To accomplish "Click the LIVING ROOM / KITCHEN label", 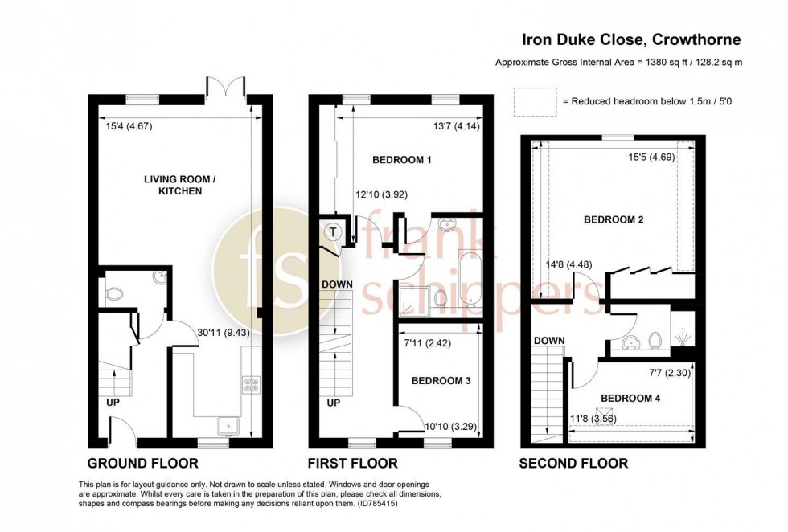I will click(x=168, y=185).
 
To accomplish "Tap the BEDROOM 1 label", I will click(x=402, y=160).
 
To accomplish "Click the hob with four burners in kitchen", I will click(x=250, y=384).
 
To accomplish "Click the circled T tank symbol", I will click(x=332, y=232).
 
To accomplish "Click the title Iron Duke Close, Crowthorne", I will click(x=632, y=39).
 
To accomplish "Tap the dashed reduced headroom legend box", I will click(x=534, y=101).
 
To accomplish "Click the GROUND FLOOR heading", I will click(x=142, y=463).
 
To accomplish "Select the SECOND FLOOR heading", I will click(x=573, y=463).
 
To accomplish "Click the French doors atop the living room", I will click(x=225, y=86).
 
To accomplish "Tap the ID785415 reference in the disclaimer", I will click(x=371, y=505).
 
